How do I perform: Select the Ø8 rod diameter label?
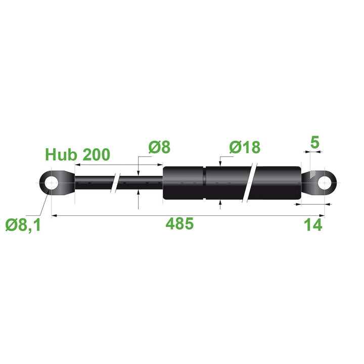click(159, 147)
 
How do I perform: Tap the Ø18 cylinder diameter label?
click(244, 147)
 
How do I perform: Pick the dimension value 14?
click(313, 225)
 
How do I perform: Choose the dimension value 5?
click(314, 143)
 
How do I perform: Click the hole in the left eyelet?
click(51, 183)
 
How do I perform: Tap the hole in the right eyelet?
click(324, 183)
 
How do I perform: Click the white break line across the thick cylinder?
click(251, 183)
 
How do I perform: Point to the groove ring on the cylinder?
click(204, 183)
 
